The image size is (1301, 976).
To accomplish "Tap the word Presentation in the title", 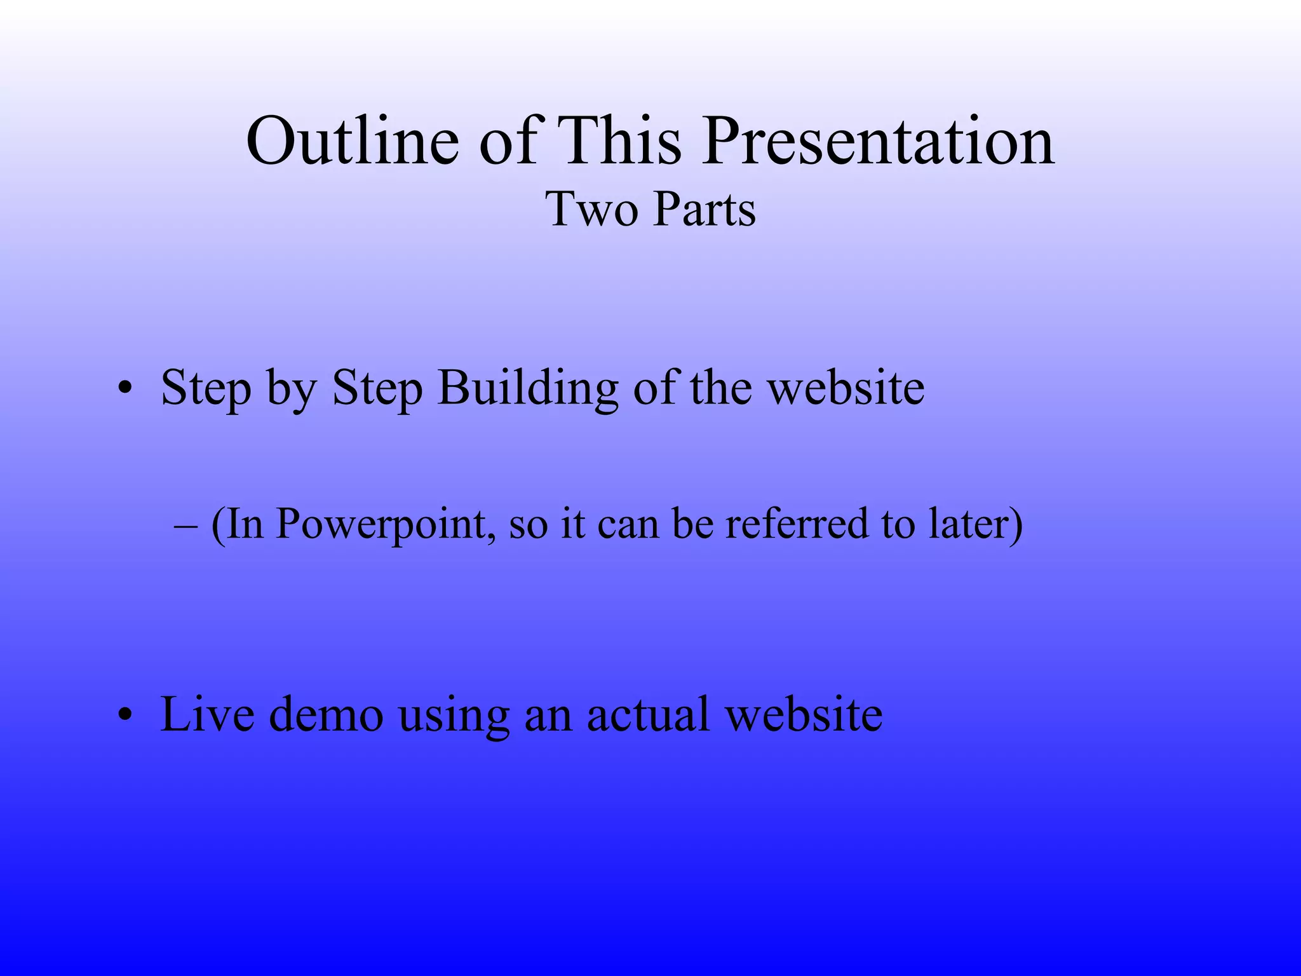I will click(x=879, y=141).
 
